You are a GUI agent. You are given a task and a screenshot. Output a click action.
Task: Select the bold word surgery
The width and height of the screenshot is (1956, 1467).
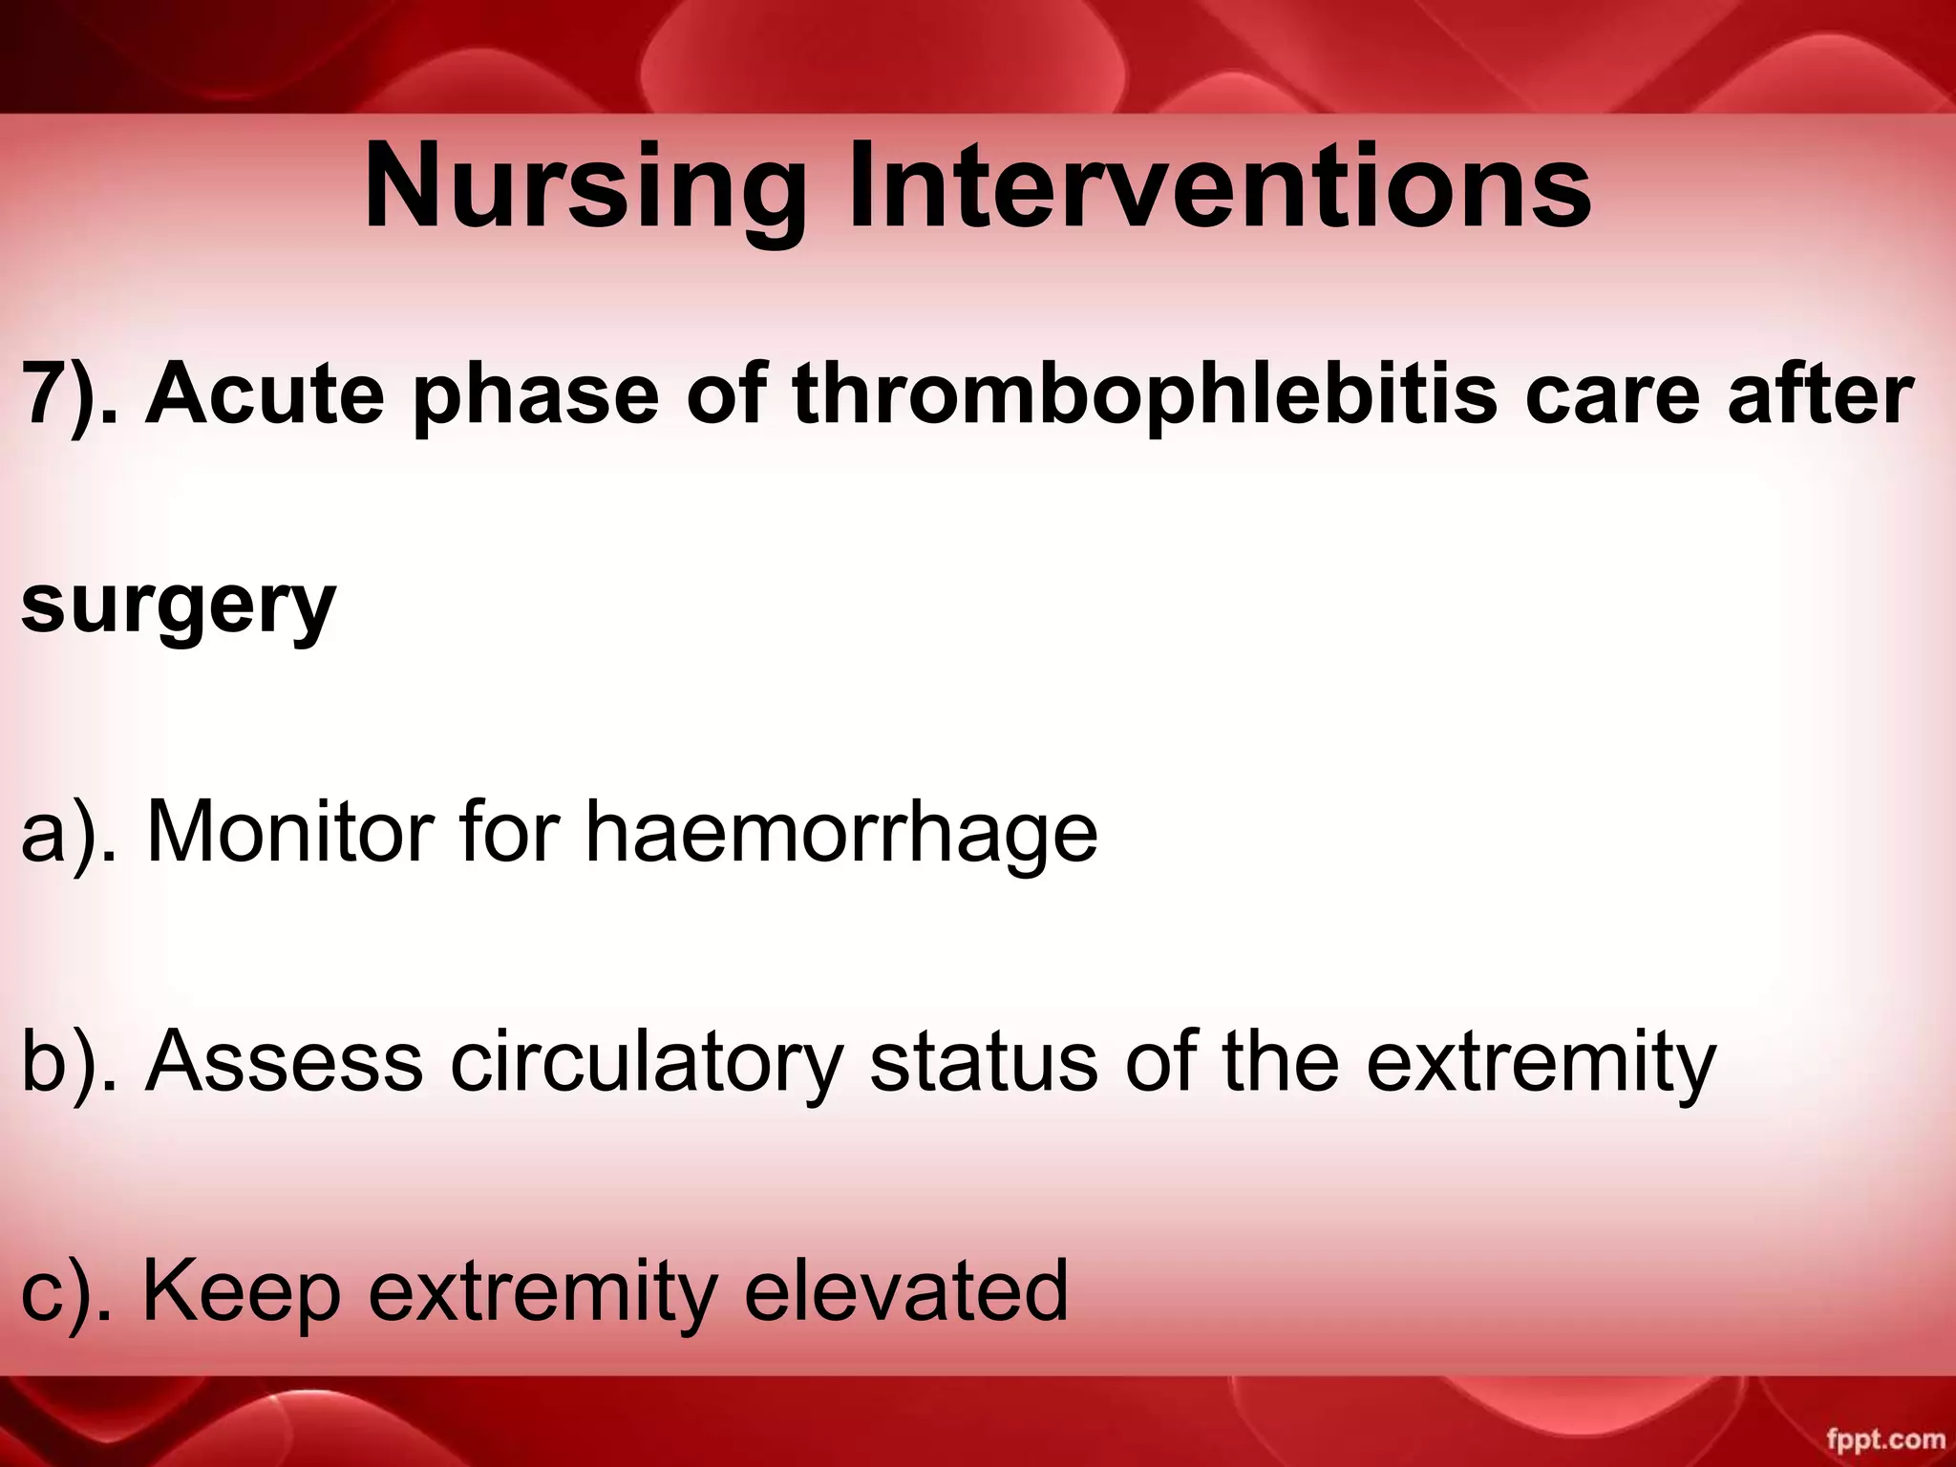[x=178, y=606]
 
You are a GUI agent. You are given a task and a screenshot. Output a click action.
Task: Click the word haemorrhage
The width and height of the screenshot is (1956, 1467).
[x=840, y=831]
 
